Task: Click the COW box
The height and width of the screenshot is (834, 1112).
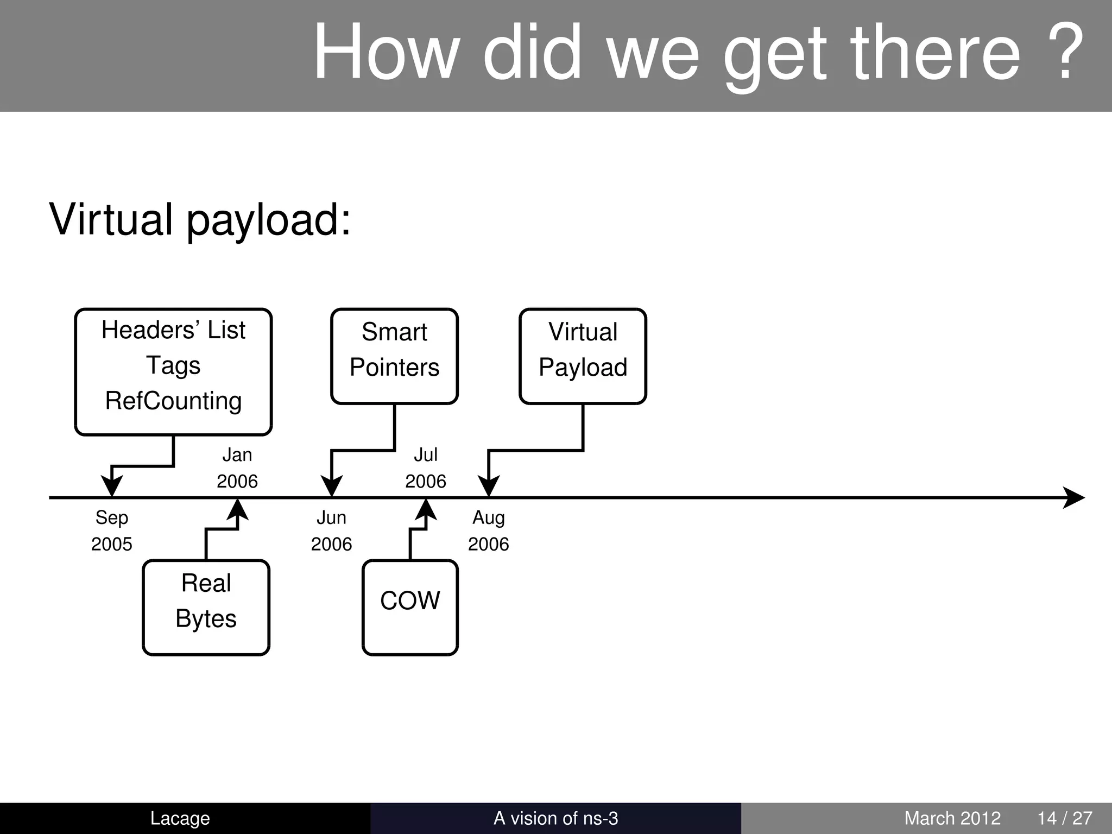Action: (410, 607)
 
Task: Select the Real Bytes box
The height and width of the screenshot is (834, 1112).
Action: (206, 607)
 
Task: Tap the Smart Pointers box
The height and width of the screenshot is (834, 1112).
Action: (394, 356)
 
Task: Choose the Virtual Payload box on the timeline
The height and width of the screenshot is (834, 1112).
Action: (583, 356)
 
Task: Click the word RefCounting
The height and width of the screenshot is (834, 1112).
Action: (173, 401)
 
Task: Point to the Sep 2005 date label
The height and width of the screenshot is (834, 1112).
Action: (111, 530)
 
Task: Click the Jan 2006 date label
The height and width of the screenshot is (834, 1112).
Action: (237, 467)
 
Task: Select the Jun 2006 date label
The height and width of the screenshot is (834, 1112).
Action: (331, 530)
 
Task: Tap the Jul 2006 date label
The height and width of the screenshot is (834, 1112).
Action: (426, 467)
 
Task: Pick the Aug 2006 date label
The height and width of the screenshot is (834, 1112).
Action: (489, 530)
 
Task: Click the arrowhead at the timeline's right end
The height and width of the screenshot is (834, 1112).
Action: (1073, 497)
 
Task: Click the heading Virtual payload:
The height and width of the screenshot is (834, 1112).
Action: (200, 219)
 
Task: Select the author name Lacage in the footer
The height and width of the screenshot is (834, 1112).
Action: (180, 818)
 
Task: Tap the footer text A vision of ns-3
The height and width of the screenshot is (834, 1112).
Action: (555, 818)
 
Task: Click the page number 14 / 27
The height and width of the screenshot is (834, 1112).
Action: (1065, 818)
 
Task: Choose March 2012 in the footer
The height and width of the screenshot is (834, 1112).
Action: (952, 818)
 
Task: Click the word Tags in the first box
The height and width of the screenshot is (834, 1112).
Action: (173, 365)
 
